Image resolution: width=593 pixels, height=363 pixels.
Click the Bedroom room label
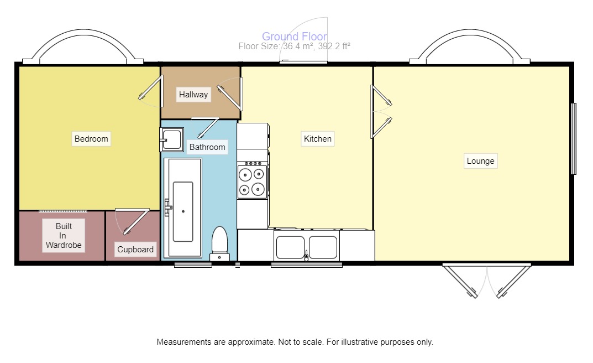(91, 138)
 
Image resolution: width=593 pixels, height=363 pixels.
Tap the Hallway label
(193, 95)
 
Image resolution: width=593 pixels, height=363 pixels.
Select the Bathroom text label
(207, 147)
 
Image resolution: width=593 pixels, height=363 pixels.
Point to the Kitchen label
(318, 138)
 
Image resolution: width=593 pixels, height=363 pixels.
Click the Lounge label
(480, 161)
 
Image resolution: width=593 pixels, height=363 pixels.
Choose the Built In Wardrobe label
(64, 235)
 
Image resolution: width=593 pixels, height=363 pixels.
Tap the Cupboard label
(135, 250)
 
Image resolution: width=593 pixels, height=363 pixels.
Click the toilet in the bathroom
(219, 243)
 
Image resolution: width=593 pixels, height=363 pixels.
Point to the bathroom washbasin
(172, 139)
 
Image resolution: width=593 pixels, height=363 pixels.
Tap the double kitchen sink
(307, 247)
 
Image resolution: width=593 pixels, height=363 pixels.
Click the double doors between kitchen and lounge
(381, 111)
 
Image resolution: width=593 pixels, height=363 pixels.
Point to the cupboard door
(133, 221)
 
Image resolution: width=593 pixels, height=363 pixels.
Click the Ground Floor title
(294, 37)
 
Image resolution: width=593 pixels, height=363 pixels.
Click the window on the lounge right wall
(574, 138)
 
